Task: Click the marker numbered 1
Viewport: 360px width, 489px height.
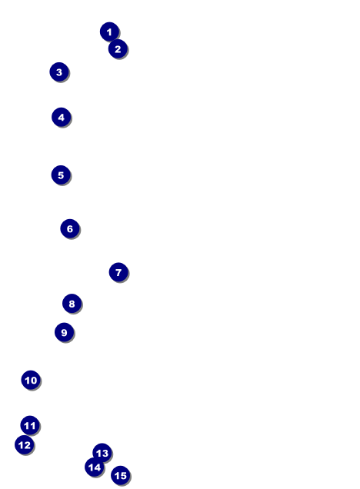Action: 109,32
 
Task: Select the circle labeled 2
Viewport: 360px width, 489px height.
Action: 118,49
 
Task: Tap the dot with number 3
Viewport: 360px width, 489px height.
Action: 59,72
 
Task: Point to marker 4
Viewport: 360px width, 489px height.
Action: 61,118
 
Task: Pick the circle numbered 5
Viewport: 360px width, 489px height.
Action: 61,175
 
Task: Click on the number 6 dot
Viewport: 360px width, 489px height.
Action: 70,228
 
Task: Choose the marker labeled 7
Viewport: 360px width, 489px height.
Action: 118,272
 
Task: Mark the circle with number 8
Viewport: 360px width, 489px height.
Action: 72,304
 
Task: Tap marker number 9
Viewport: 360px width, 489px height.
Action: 65,332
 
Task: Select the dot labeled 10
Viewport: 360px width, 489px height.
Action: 31,380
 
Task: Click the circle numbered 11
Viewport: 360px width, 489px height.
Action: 30,425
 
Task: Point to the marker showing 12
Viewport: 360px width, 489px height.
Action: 25,444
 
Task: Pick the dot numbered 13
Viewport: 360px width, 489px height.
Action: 102,453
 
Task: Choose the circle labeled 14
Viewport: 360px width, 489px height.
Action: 94,467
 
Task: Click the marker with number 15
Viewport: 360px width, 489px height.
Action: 121,475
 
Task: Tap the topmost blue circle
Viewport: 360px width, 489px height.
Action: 109,32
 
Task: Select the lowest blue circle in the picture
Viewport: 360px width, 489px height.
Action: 121,475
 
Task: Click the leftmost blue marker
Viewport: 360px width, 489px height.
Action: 25,444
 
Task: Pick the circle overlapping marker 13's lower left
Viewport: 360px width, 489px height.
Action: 94,467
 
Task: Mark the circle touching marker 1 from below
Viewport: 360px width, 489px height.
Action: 118,49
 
